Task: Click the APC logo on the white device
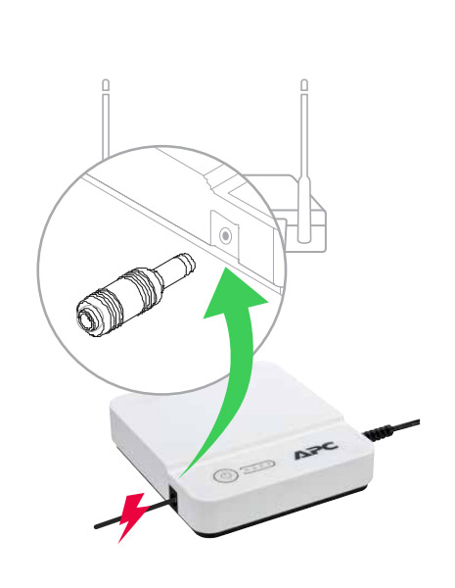tap(316, 451)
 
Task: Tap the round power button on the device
tap(225, 476)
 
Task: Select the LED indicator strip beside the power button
tap(257, 467)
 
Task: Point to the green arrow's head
tap(236, 293)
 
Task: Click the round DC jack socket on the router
tap(225, 235)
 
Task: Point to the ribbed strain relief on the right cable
tap(378, 433)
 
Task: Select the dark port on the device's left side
tap(173, 496)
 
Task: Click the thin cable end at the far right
tap(417, 422)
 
